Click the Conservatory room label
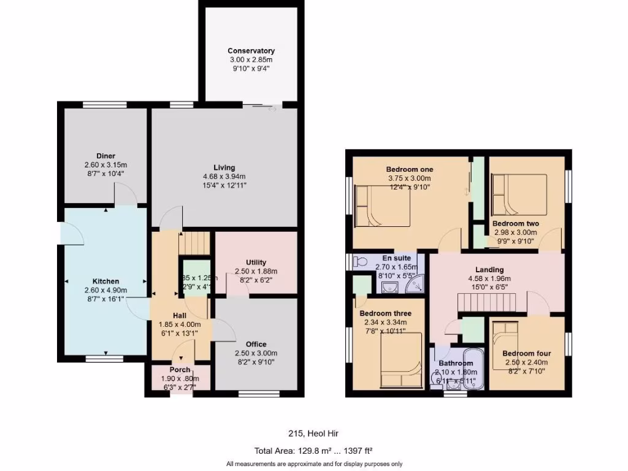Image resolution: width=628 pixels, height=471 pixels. point(251,51)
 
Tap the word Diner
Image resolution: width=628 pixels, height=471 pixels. point(105,156)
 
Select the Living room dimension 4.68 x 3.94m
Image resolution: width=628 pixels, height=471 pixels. point(224,176)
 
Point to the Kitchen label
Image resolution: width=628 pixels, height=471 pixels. point(105,281)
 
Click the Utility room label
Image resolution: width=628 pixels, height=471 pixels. point(256,262)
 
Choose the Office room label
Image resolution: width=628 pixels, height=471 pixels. point(256,344)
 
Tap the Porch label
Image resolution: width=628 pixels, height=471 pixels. point(180,370)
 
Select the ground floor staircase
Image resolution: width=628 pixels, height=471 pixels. point(194,243)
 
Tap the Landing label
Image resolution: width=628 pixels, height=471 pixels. point(489,269)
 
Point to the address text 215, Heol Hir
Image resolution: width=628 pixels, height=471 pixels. point(314,434)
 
